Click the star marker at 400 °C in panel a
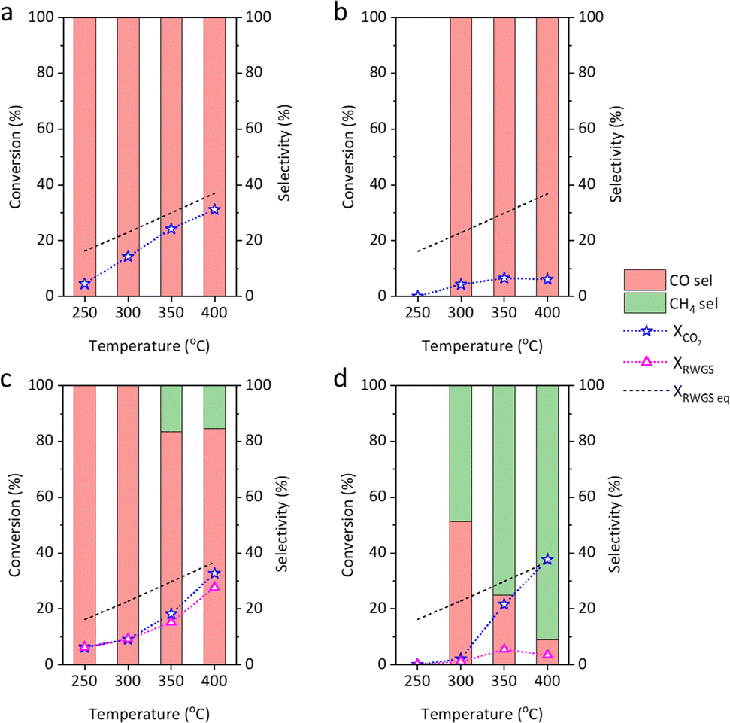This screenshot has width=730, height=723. coord(215,209)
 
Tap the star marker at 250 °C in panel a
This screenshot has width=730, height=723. coord(85,284)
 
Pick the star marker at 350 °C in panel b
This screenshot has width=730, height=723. coord(504,278)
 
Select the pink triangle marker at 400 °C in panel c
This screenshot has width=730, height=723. coord(215,586)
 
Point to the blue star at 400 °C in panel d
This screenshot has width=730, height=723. coord(548,559)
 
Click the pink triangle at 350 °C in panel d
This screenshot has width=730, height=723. coord(504,649)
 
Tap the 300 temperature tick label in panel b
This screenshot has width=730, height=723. coord(461,311)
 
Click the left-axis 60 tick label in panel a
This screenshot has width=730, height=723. coord(54,129)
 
